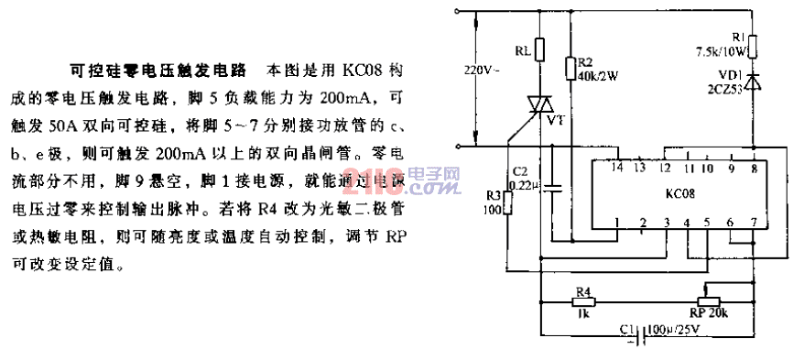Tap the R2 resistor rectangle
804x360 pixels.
coord(569,66)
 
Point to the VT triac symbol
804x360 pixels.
coord(539,106)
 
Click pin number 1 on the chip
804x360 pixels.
coord(619,221)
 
